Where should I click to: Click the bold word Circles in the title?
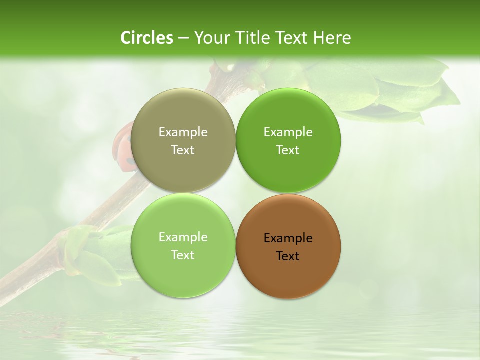(x=147, y=38)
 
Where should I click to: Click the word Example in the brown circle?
(x=288, y=238)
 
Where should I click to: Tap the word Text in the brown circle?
(x=288, y=256)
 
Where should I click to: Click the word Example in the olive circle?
(x=183, y=132)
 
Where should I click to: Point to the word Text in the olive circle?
(x=183, y=150)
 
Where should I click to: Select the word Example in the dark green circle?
(x=288, y=132)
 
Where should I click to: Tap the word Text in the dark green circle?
(x=288, y=150)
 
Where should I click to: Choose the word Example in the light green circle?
(x=183, y=237)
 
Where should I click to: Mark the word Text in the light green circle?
(x=183, y=255)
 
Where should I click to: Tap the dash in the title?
(x=183, y=38)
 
